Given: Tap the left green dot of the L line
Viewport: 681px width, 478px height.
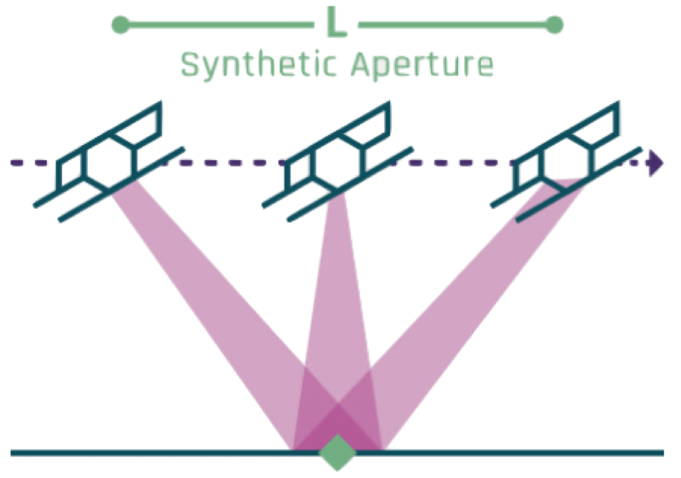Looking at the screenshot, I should tap(121, 26).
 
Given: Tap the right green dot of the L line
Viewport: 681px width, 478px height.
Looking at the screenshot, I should tap(554, 26).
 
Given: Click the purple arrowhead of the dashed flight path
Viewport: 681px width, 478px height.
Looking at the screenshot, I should tap(654, 164).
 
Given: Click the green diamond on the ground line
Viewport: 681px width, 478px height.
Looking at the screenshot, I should tap(337, 452).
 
